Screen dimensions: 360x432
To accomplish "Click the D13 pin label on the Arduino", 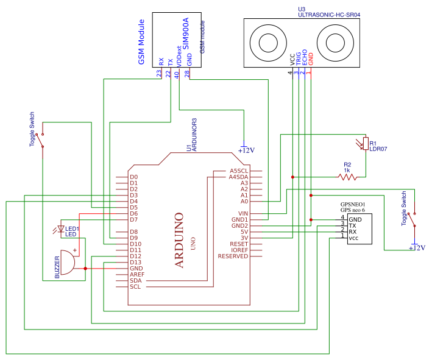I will click(x=135, y=262).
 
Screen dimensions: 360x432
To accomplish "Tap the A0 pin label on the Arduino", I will click(x=244, y=201).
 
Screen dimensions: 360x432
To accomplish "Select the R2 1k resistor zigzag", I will click(x=347, y=177).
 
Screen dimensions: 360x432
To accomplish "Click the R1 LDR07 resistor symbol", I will click(x=365, y=143).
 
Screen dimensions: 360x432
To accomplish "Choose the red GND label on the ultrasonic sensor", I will click(x=311, y=60).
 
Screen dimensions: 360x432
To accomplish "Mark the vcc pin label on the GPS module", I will click(x=353, y=238).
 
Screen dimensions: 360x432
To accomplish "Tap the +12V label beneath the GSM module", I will click(x=246, y=150).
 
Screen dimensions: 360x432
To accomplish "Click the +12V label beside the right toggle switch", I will click(x=417, y=248).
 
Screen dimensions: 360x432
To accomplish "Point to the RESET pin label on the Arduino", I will click(x=239, y=244).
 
